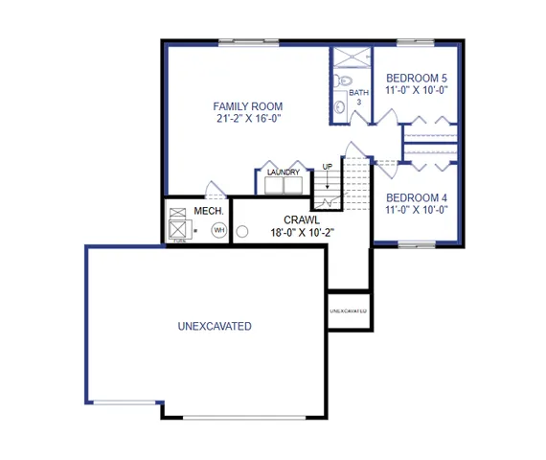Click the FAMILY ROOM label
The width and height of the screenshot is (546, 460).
click(247, 106)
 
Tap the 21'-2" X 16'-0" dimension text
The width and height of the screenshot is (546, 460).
click(247, 120)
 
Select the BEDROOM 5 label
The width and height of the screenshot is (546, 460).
click(416, 78)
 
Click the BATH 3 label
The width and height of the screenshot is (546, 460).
click(360, 96)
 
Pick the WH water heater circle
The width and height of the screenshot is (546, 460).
click(218, 231)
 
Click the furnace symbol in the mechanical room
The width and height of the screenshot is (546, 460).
click(178, 222)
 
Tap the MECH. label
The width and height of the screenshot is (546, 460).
click(209, 211)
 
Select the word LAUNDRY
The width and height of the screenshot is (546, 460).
click(284, 172)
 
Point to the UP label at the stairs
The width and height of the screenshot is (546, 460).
click(327, 166)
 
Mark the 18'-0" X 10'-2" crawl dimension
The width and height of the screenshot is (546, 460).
click(302, 233)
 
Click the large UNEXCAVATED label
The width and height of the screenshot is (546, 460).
click(215, 327)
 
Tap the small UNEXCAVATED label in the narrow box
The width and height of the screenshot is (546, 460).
click(348, 311)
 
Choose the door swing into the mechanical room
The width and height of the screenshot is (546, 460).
click(213, 189)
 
